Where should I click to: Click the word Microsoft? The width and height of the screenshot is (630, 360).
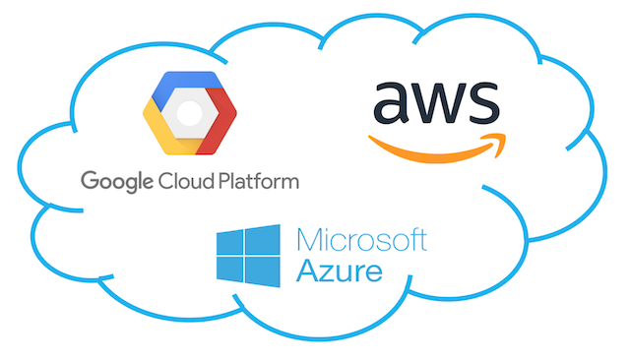(x=361, y=240)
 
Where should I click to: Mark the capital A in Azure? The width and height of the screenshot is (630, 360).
(x=307, y=270)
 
